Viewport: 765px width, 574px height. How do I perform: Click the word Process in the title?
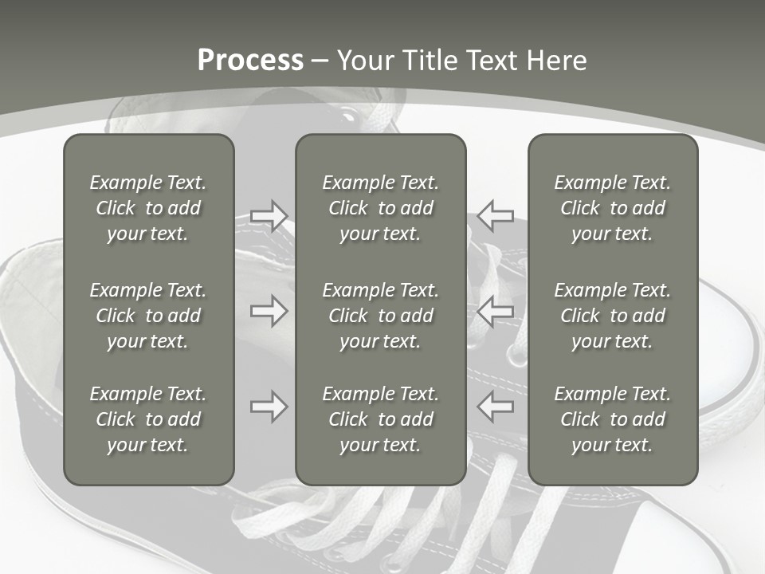click(x=250, y=61)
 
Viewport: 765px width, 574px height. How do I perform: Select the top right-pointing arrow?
click(x=269, y=215)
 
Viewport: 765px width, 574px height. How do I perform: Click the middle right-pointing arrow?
click(x=269, y=311)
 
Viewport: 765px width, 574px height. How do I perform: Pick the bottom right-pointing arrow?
click(x=269, y=407)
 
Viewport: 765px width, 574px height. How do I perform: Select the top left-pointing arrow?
click(x=496, y=215)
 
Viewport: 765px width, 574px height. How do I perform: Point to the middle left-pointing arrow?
click(x=496, y=311)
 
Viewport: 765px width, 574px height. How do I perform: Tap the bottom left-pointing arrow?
click(x=496, y=407)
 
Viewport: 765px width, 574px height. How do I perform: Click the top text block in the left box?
click(x=148, y=208)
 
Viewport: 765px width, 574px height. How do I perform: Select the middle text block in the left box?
click(x=148, y=316)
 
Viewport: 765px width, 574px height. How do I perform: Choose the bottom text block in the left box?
click(x=148, y=419)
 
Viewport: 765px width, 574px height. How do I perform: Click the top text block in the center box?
click(x=381, y=208)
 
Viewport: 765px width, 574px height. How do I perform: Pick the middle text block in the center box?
click(x=381, y=316)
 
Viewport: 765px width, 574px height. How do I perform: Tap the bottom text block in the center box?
click(x=381, y=419)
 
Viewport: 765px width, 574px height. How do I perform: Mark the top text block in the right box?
click(x=613, y=208)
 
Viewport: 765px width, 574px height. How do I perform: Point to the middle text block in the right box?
click(x=613, y=316)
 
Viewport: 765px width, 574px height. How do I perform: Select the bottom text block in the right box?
click(x=613, y=419)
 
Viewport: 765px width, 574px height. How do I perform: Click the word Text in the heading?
click(x=489, y=61)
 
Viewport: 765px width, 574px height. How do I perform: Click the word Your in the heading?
click(x=364, y=61)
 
